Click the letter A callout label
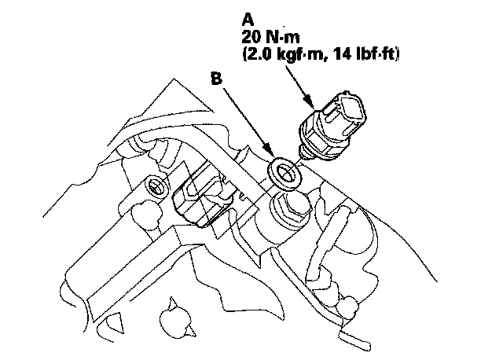[x=248, y=20]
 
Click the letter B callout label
[x=217, y=79]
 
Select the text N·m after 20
[x=283, y=37]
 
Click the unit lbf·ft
[x=375, y=54]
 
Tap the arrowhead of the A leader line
[x=310, y=101]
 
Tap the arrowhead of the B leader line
[x=269, y=151]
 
